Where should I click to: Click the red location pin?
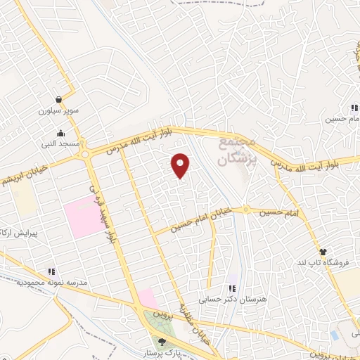(181, 165)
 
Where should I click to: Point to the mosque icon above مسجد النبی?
(60, 133)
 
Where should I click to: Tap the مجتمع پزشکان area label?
(236, 150)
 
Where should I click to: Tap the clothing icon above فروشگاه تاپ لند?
(323, 252)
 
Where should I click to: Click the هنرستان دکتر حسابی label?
(229, 299)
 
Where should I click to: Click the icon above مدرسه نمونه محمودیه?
(51, 271)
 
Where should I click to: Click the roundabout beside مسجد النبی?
(86, 154)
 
